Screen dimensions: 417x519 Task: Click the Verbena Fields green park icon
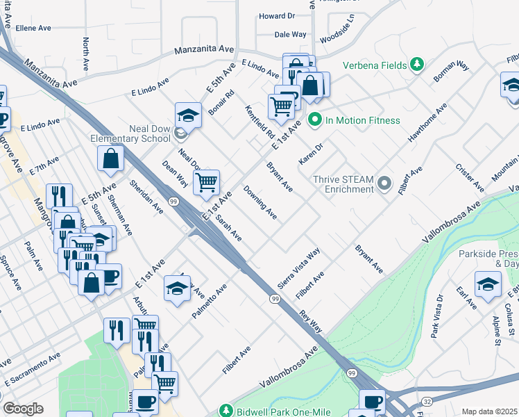(416, 65)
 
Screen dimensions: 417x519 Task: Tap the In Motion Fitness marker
(314, 120)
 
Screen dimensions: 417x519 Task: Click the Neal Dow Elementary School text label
(130, 133)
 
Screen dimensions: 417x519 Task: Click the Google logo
(23, 409)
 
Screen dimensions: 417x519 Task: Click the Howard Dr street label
(276, 16)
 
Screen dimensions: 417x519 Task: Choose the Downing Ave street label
(259, 202)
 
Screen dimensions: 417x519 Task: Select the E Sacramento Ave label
(32, 368)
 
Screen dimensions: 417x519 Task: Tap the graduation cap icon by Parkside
(488, 284)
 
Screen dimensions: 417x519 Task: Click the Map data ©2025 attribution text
(489, 411)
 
